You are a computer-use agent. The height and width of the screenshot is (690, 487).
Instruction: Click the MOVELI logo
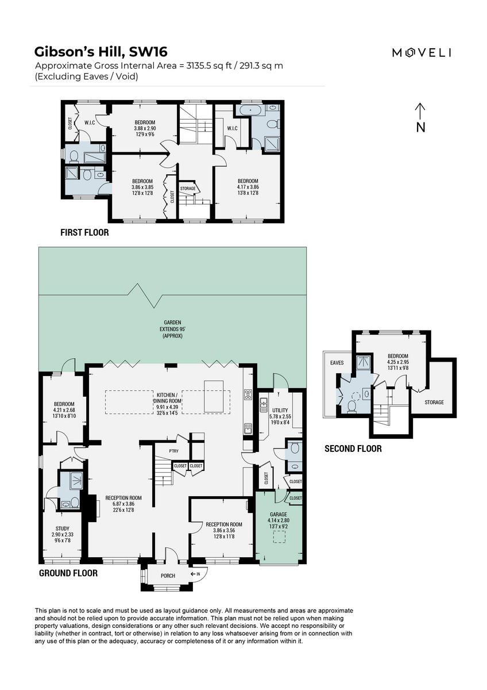click(422, 53)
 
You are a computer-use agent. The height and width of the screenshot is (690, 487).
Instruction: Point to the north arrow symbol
click(420, 117)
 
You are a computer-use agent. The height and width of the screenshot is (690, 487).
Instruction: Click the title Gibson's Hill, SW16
click(101, 52)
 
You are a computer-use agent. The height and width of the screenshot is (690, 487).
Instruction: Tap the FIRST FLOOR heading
click(84, 233)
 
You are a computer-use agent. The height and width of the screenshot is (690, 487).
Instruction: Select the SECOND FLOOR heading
click(353, 448)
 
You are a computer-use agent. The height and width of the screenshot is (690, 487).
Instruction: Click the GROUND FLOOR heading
click(68, 573)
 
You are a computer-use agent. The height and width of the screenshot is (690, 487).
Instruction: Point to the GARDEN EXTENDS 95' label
click(171, 329)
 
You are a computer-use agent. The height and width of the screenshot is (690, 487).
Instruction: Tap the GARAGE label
click(278, 514)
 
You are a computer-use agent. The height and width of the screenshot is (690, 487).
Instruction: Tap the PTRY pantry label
click(173, 451)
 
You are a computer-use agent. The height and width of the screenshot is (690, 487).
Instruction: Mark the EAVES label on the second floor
click(337, 363)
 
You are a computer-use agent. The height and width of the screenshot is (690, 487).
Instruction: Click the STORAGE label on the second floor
click(434, 402)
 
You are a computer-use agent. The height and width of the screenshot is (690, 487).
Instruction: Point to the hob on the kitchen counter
click(248, 394)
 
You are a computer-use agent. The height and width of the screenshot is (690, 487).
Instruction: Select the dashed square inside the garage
click(279, 537)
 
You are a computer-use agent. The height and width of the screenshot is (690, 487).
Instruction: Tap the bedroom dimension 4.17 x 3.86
click(249, 187)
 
